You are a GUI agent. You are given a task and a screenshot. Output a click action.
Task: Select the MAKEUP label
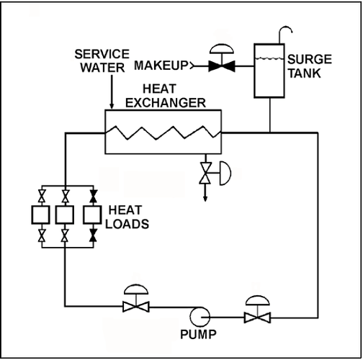pos(161,66)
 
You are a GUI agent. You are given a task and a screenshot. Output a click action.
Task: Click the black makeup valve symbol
pos(217,66)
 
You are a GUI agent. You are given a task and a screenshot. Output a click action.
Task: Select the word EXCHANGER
pos(166,104)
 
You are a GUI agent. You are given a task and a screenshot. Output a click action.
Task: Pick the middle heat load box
pos(66,215)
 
